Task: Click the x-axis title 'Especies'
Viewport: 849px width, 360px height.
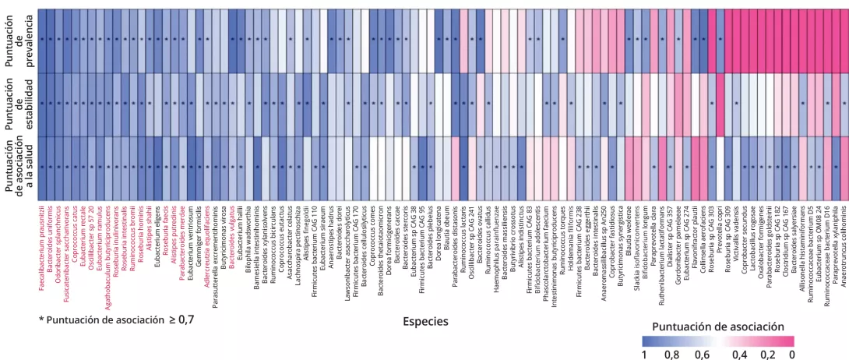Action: click(424, 320)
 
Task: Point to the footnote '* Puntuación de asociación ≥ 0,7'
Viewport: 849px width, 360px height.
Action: click(117, 319)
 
